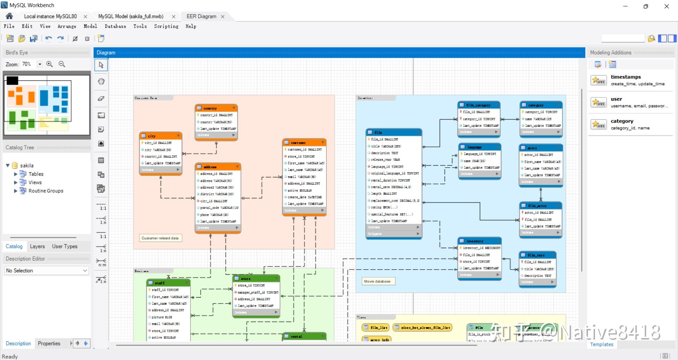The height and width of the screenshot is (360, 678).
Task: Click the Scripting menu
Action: (x=166, y=26)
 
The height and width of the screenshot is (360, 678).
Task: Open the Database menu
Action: (x=115, y=26)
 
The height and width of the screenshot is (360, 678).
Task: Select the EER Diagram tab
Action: (x=201, y=16)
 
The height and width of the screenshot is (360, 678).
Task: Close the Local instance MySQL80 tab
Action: (x=85, y=17)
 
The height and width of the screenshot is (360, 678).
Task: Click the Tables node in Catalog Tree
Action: (x=36, y=174)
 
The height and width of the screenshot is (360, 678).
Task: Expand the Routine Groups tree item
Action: (x=16, y=191)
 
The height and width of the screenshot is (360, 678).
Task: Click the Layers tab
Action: (x=37, y=246)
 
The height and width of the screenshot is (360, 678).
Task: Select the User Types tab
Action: (x=65, y=246)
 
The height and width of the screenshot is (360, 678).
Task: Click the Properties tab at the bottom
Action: (x=49, y=343)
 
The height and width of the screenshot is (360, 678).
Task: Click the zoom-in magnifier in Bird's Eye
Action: (x=49, y=64)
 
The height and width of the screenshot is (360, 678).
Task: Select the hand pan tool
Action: (x=101, y=82)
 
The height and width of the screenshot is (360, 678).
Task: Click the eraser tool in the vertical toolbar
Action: (x=101, y=98)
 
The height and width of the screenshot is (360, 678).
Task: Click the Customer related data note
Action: (x=160, y=238)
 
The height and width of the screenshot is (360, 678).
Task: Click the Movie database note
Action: (x=377, y=281)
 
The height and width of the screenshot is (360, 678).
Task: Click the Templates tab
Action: (x=602, y=344)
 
